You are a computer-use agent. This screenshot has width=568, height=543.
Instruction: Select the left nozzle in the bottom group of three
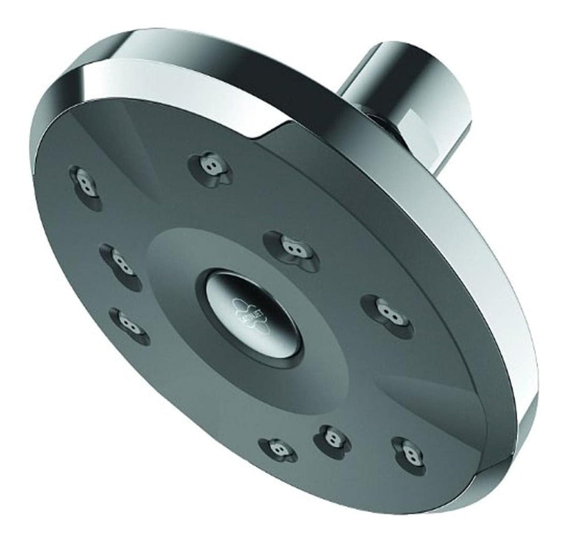tap(278, 449)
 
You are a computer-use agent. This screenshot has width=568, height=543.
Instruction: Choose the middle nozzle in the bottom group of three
tap(331, 437)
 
